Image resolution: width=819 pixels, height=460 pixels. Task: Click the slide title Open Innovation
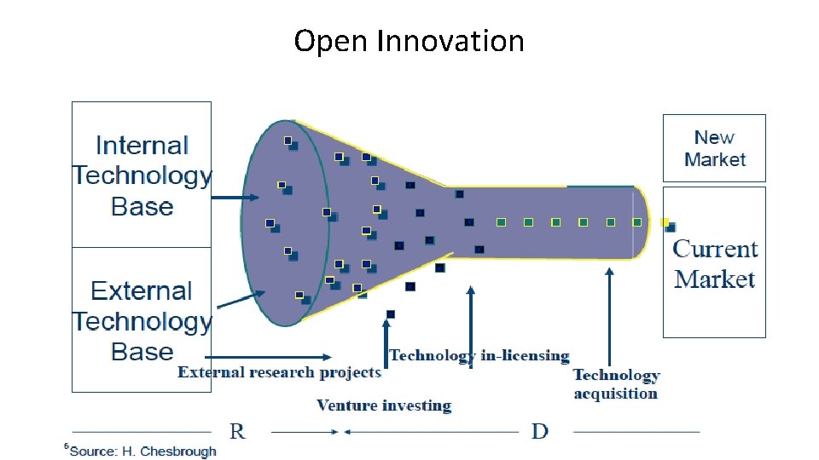tap(409, 40)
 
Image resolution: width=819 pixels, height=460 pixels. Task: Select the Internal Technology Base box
tap(142, 175)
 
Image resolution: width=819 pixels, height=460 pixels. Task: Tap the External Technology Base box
tap(142, 319)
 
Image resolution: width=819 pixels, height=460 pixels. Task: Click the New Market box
tap(714, 148)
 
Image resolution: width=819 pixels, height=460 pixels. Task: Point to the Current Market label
tap(714, 264)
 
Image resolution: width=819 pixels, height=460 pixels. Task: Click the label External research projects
tap(279, 372)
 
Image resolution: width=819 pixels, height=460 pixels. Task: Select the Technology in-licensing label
tap(479, 355)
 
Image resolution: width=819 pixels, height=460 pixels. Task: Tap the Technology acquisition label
tap(616, 384)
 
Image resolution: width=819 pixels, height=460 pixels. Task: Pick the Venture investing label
tap(383, 405)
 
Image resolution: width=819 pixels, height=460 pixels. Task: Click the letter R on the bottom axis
tap(237, 431)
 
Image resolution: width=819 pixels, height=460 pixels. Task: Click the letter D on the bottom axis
tap(539, 431)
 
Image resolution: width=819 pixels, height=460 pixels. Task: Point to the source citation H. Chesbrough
tap(142, 451)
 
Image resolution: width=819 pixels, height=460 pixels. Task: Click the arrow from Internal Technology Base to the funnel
tap(235, 198)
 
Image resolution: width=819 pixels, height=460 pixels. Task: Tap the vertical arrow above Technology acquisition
tap(609, 315)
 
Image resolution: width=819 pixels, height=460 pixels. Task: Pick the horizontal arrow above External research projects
tap(269, 356)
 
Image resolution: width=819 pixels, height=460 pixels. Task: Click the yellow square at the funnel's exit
tap(665, 222)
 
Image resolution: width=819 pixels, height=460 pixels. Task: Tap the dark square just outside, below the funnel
tap(391, 314)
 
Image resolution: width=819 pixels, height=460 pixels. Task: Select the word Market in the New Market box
tap(714, 159)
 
